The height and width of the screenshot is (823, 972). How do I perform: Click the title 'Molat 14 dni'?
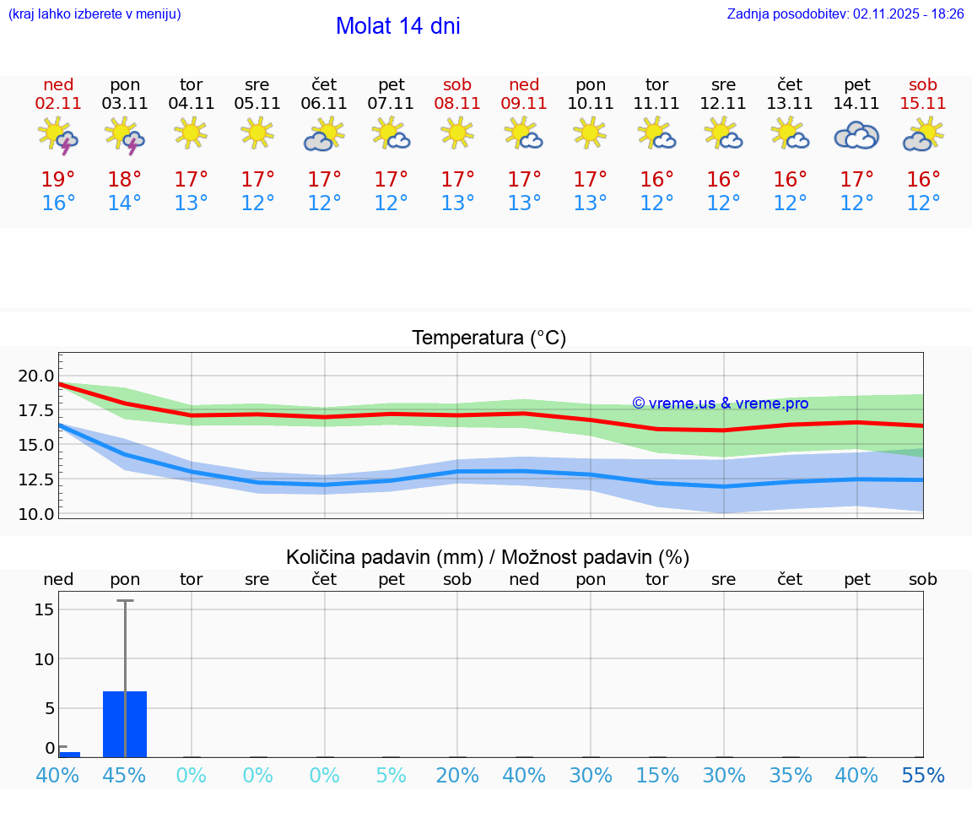[397, 26]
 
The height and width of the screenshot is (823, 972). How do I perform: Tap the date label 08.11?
[457, 104]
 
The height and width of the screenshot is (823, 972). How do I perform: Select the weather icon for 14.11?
[856, 135]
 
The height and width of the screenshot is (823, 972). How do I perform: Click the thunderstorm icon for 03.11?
[125, 135]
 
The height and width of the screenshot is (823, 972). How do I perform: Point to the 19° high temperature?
[58, 180]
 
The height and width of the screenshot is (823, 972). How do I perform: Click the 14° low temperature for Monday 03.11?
[125, 203]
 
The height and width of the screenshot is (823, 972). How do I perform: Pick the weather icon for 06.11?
[324, 135]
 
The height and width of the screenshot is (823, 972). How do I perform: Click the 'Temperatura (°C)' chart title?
[489, 338]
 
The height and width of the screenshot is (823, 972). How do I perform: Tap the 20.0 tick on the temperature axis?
[37, 376]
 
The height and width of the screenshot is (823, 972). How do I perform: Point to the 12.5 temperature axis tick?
[37, 479]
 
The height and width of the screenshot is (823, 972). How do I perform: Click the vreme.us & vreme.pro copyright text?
[720, 403]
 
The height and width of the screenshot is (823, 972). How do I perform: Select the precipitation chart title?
[488, 557]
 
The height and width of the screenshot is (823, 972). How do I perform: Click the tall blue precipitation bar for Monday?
[125, 723]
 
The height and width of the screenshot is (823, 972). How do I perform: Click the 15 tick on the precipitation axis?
[45, 609]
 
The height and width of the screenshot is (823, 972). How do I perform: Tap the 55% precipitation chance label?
[923, 776]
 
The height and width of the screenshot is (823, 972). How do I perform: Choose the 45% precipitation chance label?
[125, 776]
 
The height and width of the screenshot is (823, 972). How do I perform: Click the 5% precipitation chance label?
[391, 776]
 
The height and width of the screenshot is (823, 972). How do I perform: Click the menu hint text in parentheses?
[94, 14]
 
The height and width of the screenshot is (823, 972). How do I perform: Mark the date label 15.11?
[923, 104]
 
